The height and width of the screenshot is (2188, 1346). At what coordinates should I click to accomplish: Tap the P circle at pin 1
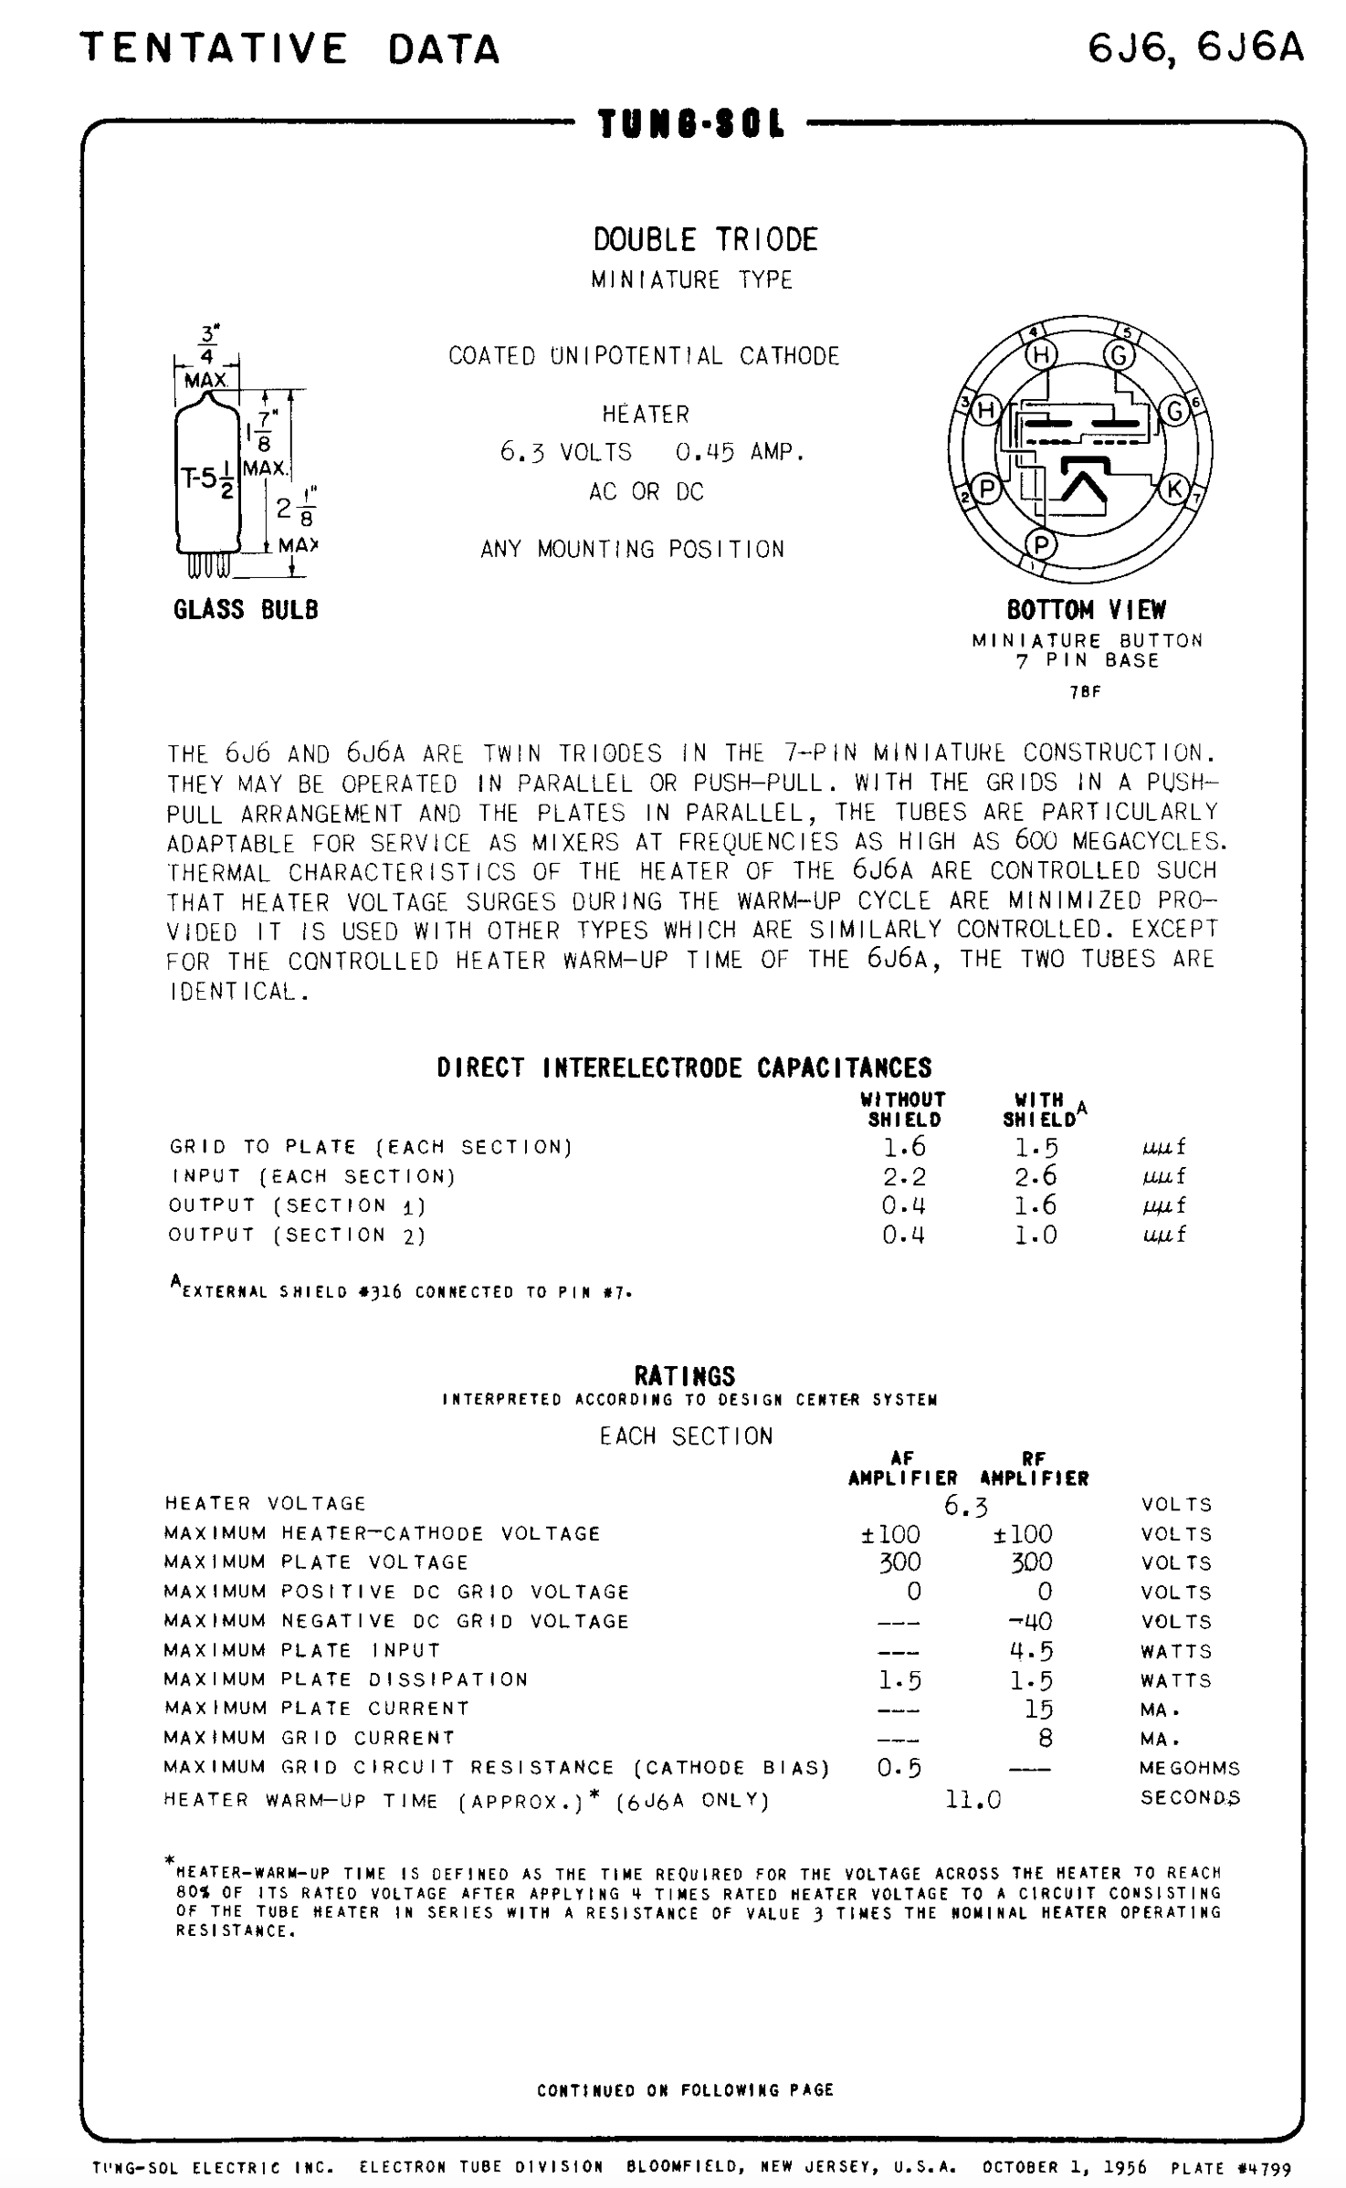[x=1040, y=544]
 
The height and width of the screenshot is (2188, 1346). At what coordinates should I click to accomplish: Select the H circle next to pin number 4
[x=1040, y=354]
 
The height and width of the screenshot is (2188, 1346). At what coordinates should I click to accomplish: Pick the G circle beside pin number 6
[x=1174, y=411]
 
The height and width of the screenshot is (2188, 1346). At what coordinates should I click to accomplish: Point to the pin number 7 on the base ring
[x=1198, y=499]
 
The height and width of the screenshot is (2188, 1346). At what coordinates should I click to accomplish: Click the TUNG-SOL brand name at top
[x=691, y=124]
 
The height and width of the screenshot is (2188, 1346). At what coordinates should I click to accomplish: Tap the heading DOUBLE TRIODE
[x=705, y=239]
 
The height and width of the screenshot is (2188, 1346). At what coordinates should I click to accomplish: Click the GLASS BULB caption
[x=246, y=609]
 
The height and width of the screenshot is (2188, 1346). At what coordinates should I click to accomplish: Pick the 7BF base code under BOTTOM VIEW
[x=1086, y=692]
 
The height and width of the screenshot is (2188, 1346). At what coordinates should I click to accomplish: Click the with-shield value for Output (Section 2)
[x=1036, y=1235]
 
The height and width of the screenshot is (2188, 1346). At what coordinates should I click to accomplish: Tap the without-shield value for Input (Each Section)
[x=903, y=1176]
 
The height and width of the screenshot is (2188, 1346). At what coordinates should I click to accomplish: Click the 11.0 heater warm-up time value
[x=973, y=1800]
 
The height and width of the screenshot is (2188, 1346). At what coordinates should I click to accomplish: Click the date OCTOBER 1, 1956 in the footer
[x=1064, y=2167]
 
